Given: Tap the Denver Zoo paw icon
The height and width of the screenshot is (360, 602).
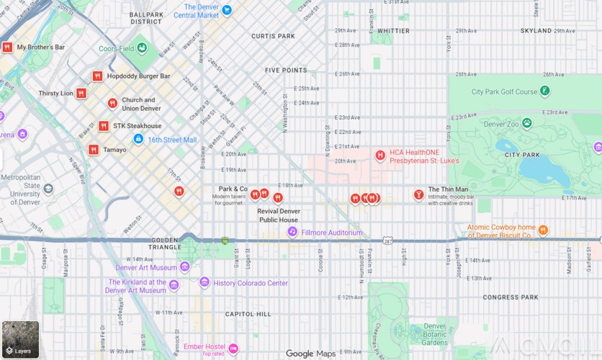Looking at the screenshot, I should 527,123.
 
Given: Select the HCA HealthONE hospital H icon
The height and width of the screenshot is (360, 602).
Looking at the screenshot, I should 380,155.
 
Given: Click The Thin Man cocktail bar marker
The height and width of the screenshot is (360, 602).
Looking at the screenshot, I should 418,194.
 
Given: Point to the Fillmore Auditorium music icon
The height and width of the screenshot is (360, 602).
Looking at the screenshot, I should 292,232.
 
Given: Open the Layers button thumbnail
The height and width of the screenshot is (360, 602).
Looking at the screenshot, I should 20,340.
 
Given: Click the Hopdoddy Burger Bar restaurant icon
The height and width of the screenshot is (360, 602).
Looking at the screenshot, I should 97,76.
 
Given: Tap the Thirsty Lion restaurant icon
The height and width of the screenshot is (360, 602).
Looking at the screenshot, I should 81,93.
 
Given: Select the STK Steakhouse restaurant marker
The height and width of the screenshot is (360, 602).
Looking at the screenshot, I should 104,126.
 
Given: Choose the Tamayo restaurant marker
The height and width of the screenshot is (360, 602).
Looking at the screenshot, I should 94,150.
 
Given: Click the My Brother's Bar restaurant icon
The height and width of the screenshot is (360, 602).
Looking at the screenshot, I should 7,48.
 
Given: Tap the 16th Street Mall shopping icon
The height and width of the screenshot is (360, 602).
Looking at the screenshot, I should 138,139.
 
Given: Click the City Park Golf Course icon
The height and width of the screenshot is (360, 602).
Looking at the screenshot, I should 545,91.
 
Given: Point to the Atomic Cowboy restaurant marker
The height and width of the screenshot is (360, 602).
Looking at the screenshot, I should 543,230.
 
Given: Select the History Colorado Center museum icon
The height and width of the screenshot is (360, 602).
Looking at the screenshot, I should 205,282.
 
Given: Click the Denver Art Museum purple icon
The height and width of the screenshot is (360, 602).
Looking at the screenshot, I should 185,267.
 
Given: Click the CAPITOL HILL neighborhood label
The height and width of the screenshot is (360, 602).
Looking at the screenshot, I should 248,314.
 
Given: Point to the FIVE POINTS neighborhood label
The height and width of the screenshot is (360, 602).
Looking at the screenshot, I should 286,71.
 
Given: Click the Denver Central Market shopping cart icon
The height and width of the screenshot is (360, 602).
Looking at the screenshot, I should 227,10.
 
